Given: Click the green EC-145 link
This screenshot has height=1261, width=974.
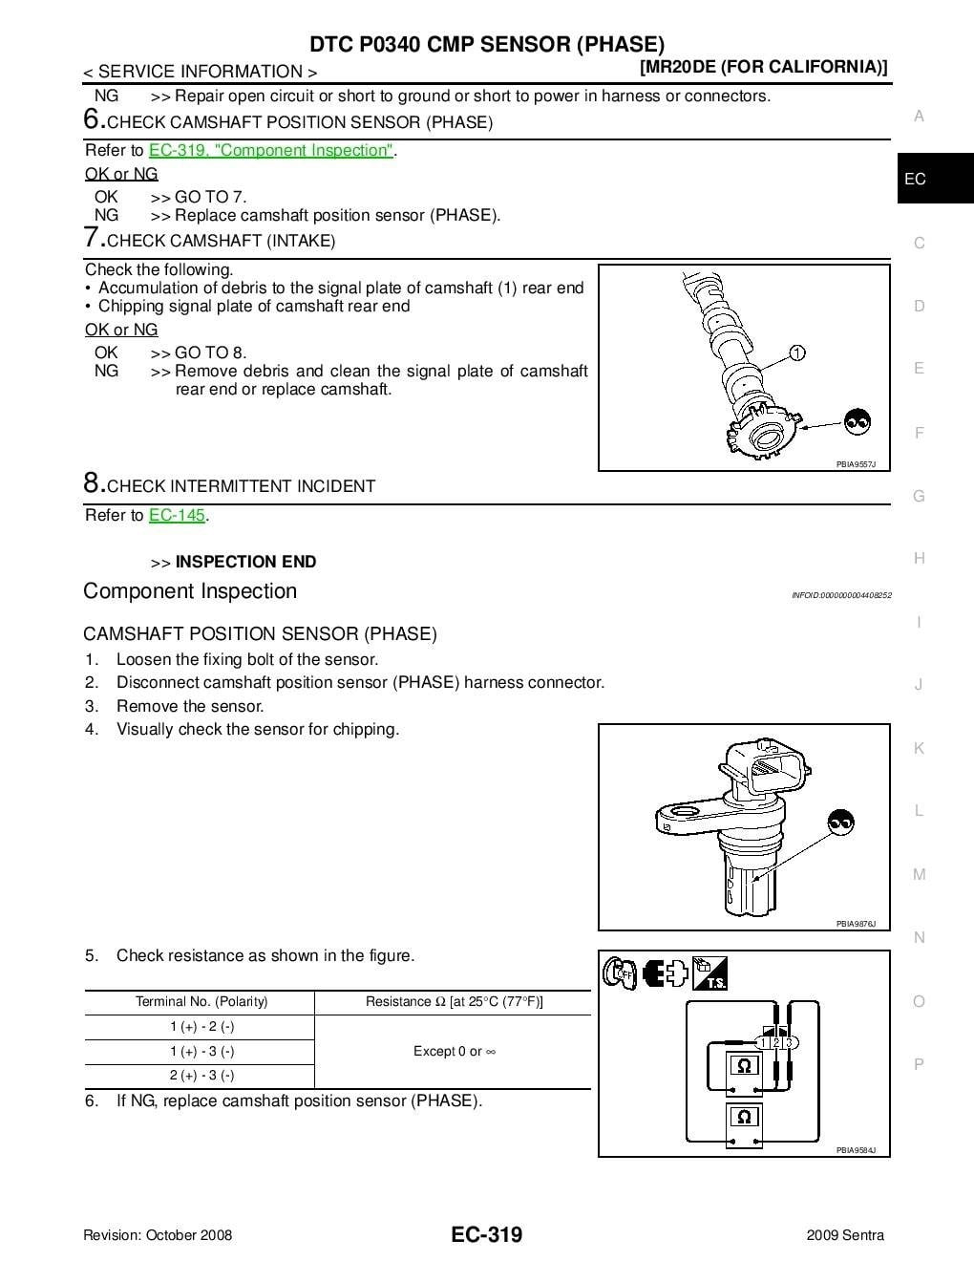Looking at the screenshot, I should pyautogui.click(x=177, y=515).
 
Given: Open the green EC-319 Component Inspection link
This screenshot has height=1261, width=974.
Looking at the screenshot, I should pyautogui.click(x=271, y=150).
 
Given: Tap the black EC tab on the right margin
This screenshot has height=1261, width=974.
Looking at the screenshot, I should pyautogui.click(x=915, y=179).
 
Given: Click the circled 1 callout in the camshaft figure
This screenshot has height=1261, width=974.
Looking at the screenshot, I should pyautogui.click(x=797, y=353).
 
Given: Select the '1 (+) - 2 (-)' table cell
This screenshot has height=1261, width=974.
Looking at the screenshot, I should pyautogui.click(x=201, y=1027).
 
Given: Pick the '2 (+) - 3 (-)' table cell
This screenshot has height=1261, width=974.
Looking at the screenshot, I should pyautogui.click(x=201, y=1076).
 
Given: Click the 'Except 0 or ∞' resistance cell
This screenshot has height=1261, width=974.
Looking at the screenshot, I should pyautogui.click(x=454, y=1051).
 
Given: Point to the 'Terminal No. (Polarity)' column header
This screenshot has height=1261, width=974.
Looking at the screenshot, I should pyautogui.click(x=201, y=1002).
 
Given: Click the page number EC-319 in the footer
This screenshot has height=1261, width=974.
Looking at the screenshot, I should pyautogui.click(x=487, y=1234).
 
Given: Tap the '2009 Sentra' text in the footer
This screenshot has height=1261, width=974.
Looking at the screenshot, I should pyautogui.click(x=845, y=1235).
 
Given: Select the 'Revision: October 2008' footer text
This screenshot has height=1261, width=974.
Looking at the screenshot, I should pyautogui.click(x=158, y=1235).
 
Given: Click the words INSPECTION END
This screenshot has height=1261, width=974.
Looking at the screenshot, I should pyautogui.click(x=245, y=562).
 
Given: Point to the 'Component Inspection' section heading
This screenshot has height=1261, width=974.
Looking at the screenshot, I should pyautogui.click(x=190, y=591).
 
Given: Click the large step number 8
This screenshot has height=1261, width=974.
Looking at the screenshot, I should pyautogui.click(x=92, y=482).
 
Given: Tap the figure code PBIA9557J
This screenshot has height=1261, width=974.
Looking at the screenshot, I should pyautogui.click(x=856, y=464).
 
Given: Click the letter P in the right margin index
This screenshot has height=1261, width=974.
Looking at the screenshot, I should pyautogui.click(x=919, y=1064).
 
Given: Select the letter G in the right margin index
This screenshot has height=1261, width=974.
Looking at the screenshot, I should pyautogui.click(x=919, y=496).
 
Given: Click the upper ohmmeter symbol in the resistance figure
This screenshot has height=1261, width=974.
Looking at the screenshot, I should pyautogui.click(x=744, y=1065).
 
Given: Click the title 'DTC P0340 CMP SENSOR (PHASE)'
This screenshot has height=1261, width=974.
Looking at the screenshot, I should pyautogui.click(x=487, y=44).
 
